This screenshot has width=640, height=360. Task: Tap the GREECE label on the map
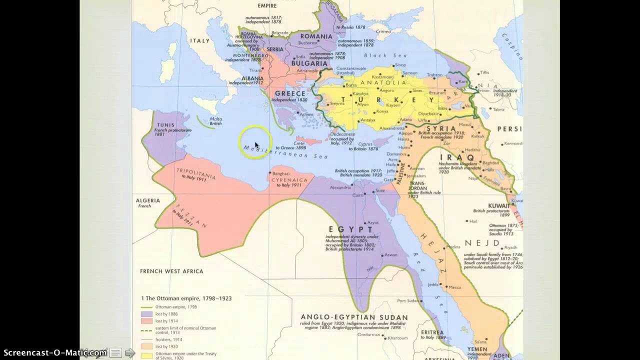[290, 93]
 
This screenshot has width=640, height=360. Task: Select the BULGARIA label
[309, 63]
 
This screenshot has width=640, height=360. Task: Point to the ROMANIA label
[315, 36]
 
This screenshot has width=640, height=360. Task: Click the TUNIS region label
[165, 125]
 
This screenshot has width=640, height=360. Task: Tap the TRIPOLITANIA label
[196, 173]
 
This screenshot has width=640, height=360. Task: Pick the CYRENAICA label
[289, 179]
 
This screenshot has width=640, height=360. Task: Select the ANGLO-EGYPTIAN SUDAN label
[354, 317]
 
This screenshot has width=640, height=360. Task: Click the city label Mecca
[454, 287]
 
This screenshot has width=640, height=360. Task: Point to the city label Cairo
[358, 195]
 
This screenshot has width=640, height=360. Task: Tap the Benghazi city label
[281, 173]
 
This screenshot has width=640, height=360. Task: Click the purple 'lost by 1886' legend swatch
[147, 314]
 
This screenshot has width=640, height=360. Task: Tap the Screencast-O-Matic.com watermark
[53, 352]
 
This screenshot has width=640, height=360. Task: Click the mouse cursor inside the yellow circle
[256, 144]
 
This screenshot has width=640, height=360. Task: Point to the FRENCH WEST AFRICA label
[171, 271]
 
